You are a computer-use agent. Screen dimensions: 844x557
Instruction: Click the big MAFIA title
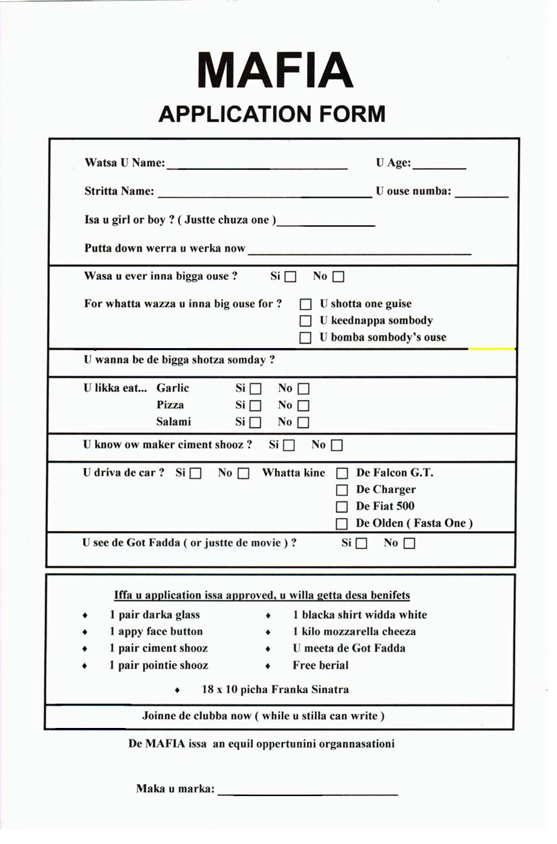coord(275,69)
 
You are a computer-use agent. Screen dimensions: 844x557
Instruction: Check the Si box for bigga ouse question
coord(291,277)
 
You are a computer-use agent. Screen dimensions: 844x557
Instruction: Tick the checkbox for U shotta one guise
coord(305,305)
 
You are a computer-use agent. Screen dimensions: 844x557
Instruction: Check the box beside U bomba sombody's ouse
coord(305,338)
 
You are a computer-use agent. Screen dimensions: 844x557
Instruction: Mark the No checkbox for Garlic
coord(303,389)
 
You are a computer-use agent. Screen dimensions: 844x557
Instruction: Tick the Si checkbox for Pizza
coord(255,405)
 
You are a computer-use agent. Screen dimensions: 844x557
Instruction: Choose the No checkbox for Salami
coord(303,422)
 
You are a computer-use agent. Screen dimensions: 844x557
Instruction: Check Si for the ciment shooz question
coord(289,445)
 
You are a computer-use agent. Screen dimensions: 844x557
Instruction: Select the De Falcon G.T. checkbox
coord(342,474)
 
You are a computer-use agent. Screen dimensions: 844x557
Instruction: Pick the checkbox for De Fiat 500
coord(342,507)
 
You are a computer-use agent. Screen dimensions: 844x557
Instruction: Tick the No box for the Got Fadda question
coord(409,543)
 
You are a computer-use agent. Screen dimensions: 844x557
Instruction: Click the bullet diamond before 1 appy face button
coord(85,632)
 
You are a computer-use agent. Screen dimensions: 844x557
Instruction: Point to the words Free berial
coord(320,665)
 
